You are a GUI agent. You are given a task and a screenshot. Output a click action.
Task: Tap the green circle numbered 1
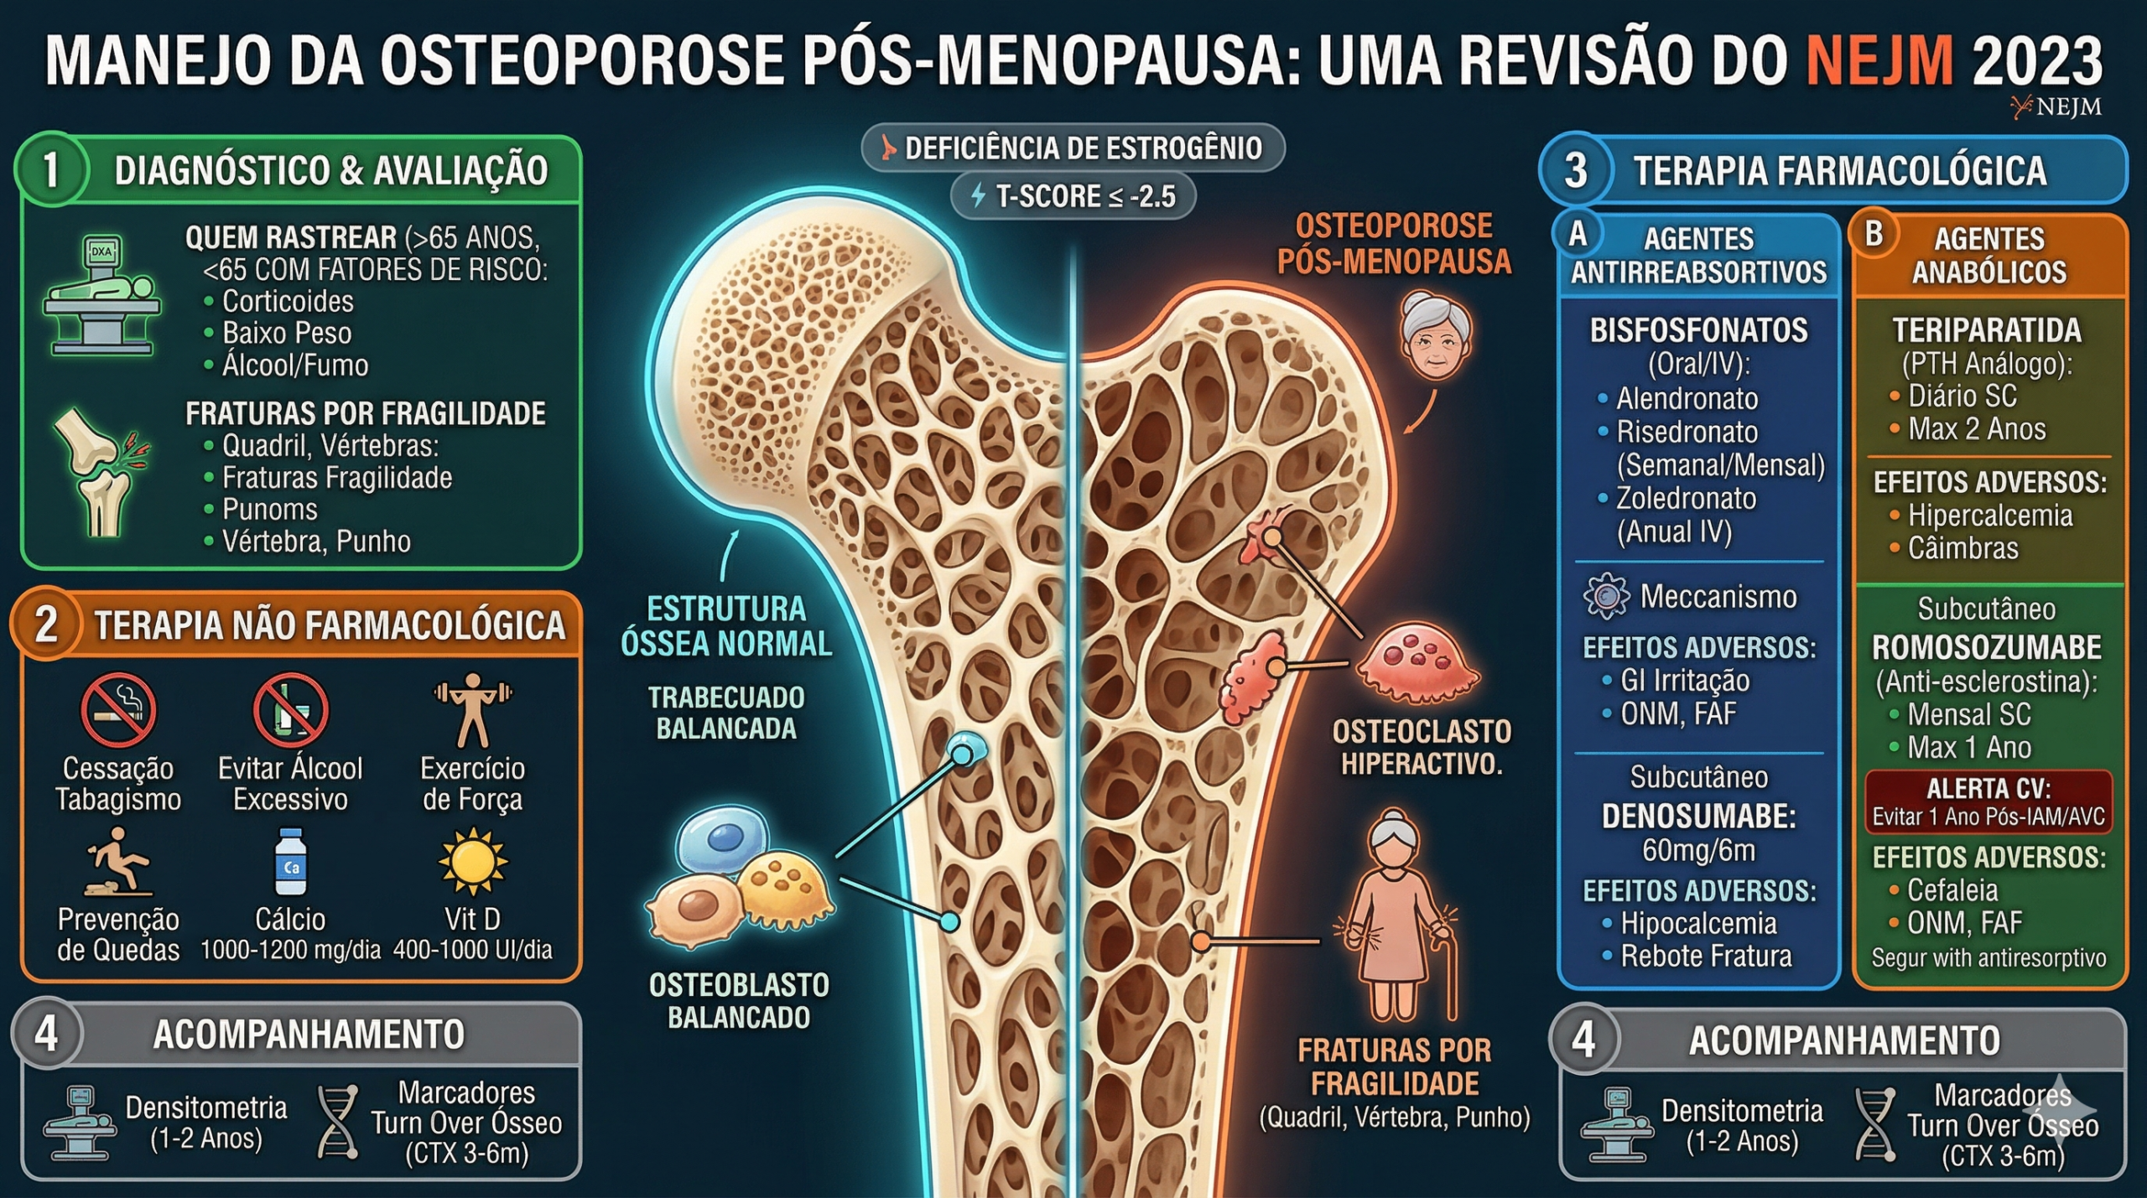tap(50, 169)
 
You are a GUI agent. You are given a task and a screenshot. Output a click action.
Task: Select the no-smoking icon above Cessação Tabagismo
tap(118, 709)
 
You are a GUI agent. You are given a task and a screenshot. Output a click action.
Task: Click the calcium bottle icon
tap(291, 862)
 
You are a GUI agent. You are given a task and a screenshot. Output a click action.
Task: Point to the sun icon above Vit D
tap(473, 862)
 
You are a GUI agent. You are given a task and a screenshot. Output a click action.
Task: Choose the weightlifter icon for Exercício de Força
tap(473, 709)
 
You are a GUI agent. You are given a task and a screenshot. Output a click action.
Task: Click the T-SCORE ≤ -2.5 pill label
tap(1073, 196)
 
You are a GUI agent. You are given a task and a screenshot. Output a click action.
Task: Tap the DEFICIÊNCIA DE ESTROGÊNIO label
tap(1073, 148)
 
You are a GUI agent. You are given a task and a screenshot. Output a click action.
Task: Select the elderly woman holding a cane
tap(1396, 914)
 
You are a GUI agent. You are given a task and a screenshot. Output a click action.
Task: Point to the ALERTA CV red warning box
tap(1988, 802)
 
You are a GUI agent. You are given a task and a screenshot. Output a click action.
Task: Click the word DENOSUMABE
tap(1699, 817)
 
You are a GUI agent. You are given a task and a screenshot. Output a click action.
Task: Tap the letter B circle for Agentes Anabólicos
tap(1873, 234)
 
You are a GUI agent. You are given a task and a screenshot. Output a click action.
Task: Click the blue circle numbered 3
tap(1576, 170)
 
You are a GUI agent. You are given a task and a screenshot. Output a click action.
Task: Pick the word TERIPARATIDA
tap(1987, 330)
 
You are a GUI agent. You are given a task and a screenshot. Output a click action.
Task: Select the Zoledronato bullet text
tap(1686, 499)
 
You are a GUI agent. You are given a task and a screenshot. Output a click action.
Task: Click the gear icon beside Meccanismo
tap(1606, 596)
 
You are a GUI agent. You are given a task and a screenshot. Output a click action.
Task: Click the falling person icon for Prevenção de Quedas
tap(117, 862)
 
